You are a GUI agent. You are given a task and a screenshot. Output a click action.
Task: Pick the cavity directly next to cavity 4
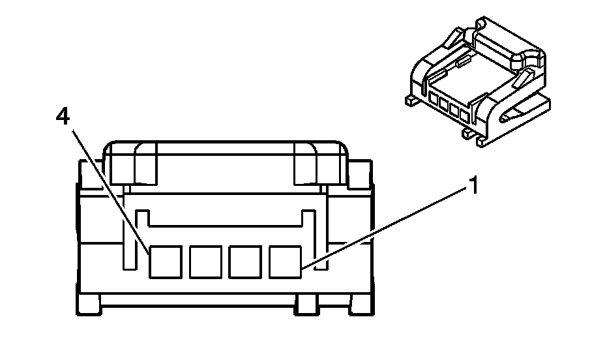[x=205, y=262]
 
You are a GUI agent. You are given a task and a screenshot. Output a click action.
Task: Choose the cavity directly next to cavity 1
[x=246, y=262]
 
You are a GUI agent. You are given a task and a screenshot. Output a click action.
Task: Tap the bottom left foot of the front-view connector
[x=89, y=301]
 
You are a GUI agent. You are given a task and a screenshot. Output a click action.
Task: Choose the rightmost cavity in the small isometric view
[x=465, y=117]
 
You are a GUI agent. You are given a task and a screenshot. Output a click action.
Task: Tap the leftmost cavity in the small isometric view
[x=434, y=100]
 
